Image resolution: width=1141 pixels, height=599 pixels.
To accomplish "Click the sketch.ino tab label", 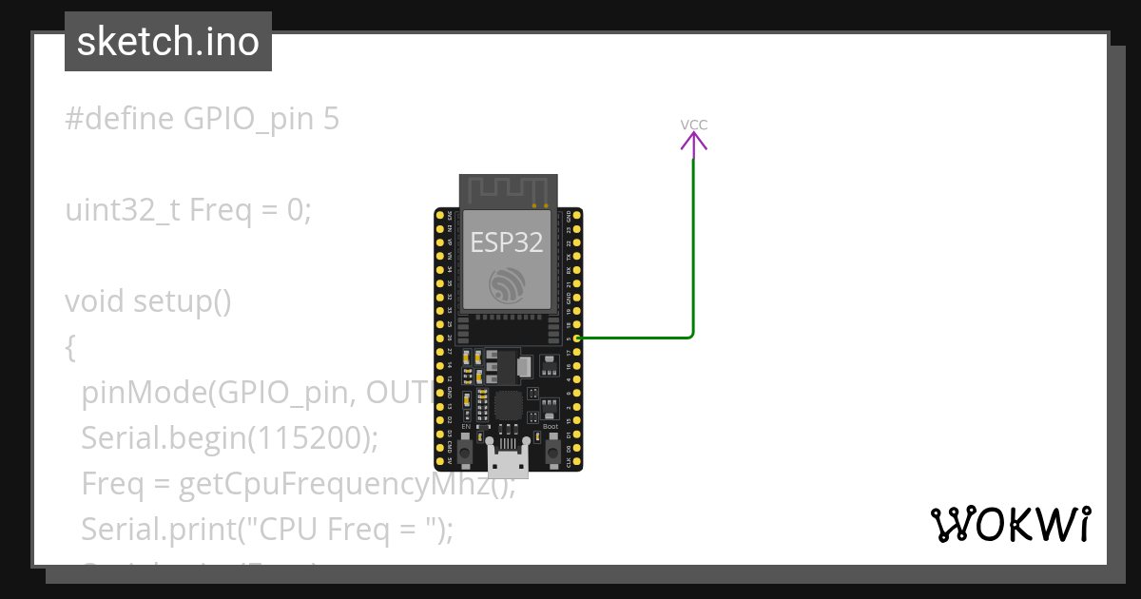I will point(167,42).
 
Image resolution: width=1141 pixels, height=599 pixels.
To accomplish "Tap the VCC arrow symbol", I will point(693,143).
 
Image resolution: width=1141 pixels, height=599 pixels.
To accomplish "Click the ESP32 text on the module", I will point(507,242).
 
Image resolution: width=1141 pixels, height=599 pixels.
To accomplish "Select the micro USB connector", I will point(508,460).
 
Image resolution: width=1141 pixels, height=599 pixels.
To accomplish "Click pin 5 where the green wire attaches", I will point(577,338).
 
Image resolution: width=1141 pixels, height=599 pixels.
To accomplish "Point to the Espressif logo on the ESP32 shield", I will point(507,285).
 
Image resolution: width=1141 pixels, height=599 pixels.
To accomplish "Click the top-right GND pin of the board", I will point(577,217).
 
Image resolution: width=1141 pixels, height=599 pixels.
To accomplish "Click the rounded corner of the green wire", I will point(690,334).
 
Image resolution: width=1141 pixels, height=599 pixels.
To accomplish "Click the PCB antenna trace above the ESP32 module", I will point(507,190).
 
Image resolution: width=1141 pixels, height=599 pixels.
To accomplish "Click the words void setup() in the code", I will point(147,301).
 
